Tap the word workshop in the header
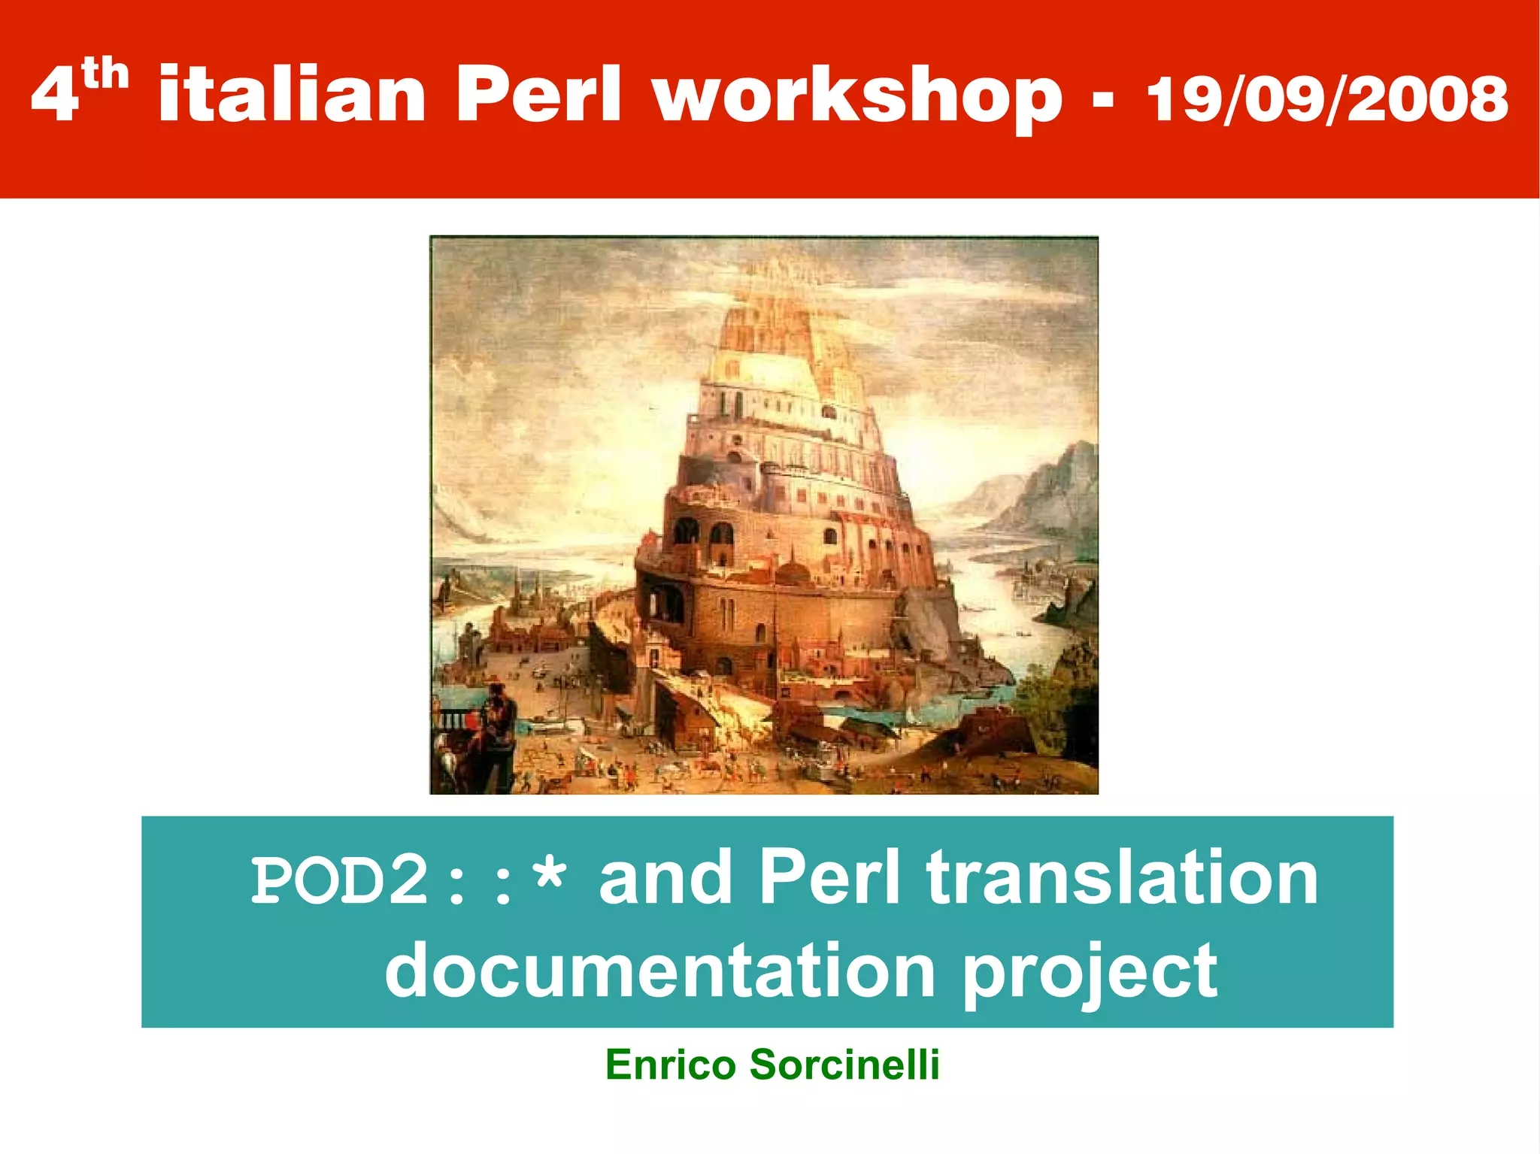[x=857, y=96]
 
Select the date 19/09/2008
[x=1327, y=99]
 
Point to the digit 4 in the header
[x=54, y=96]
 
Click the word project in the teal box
[x=1090, y=974]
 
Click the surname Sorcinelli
[x=844, y=1065]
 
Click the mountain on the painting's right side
[x=1053, y=489]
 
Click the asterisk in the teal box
[x=547, y=878]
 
